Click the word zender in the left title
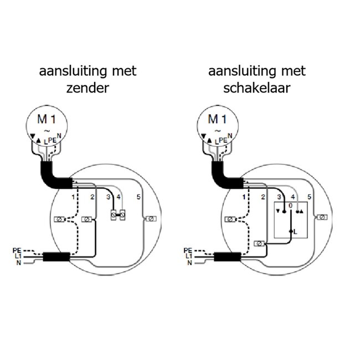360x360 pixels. [88, 88]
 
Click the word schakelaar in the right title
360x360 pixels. [257, 88]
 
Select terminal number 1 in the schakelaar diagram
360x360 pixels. [243, 197]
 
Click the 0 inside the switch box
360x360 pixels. [289, 205]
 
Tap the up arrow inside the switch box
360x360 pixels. [302, 212]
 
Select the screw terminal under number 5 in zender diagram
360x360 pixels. [148, 220]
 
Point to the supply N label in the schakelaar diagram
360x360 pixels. [189, 263]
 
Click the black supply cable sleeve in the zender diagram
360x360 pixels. [56, 257]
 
